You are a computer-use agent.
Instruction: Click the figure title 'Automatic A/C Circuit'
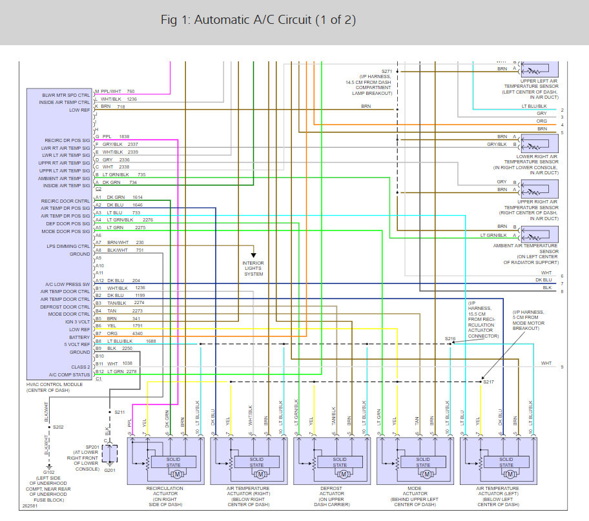(258, 20)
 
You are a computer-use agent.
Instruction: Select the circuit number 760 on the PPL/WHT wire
(130, 91)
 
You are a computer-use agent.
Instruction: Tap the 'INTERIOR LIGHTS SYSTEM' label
(253, 269)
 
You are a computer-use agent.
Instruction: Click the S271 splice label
(386, 71)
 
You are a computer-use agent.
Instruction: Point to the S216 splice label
(449, 338)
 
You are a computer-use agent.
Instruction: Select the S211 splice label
(119, 412)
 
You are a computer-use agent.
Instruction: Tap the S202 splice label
(58, 427)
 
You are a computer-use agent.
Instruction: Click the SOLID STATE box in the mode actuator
(422, 462)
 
